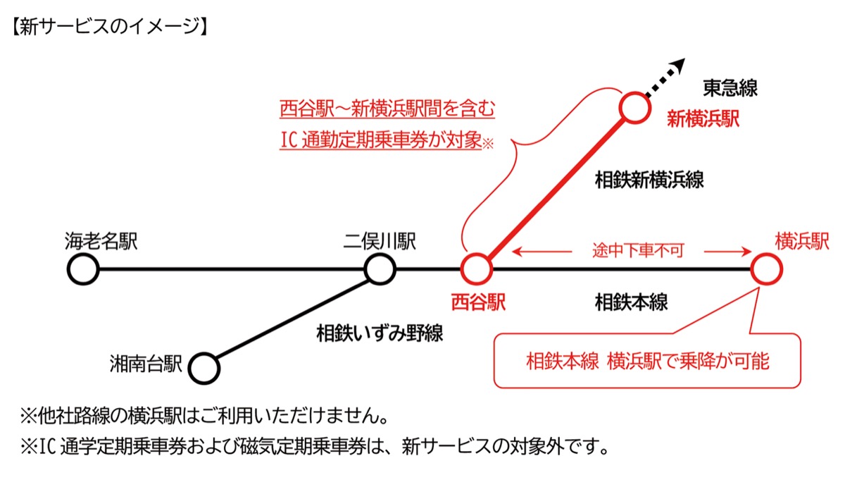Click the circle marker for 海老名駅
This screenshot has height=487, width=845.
[x=83, y=269]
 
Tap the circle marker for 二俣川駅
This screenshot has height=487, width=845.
[x=380, y=269]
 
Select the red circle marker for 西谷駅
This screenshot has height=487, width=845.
[x=476, y=269]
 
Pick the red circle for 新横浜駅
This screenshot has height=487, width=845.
[x=635, y=108]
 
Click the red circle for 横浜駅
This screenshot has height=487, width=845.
[x=765, y=269]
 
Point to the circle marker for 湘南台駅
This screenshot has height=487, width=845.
[x=205, y=367]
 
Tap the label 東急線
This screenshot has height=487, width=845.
[x=730, y=88]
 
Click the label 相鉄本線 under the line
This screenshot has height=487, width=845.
[x=631, y=303]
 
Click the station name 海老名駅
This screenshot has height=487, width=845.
[x=100, y=242]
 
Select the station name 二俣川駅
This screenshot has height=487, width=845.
[x=380, y=242]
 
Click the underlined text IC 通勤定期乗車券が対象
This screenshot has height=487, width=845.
[x=380, y=140]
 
